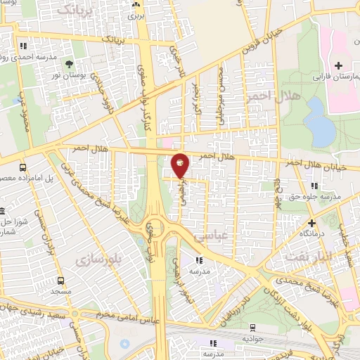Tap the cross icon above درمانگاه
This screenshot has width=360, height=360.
click(x=311, y=221)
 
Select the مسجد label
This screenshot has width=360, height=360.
click(x=60, y=290)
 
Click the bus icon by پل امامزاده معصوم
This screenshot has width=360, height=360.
click(x=23, y=168)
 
